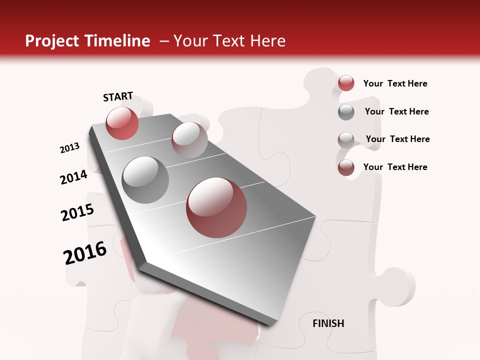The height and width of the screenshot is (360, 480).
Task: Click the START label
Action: coord(118,96)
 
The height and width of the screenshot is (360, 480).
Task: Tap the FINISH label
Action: coord(328,323)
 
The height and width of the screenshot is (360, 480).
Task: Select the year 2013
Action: coord(69,148)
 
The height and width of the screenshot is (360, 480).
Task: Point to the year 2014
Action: coord(73,177)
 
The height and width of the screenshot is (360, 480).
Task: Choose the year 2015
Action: coord(77,212)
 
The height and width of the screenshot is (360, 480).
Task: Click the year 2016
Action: coord(85,252)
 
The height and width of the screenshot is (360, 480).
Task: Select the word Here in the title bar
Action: coord(267,41)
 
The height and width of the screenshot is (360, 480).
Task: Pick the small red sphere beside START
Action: coord(122,123)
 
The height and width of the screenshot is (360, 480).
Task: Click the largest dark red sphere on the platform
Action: coord(216,207)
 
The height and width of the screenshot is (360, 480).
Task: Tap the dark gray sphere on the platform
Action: coord(145,179)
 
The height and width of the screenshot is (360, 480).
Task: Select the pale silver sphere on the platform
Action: coord(189,140)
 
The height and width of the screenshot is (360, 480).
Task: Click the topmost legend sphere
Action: coord(346,83)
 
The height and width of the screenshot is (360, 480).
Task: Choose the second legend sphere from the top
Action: coord(346,112)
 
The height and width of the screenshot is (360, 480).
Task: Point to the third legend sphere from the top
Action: coord(346,139)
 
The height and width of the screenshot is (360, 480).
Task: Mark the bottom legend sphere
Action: coord(346,167)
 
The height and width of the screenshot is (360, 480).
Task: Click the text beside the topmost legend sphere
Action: coord(395,83)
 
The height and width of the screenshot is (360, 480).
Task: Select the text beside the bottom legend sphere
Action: coord(395,167)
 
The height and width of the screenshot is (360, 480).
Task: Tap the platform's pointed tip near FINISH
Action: coord(270,322)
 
